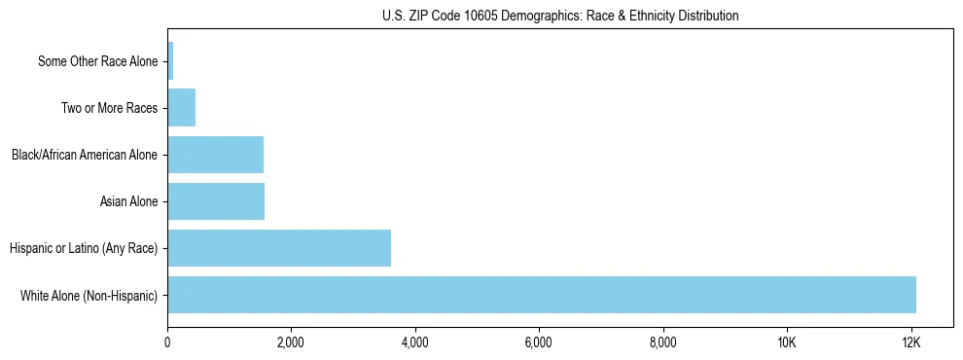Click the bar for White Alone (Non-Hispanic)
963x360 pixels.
pyautogui.click(x=542, y=295)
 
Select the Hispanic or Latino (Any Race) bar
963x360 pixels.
pyautogui.click(x=279, y=248)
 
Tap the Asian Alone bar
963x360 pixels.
pyautogui.click(x=216, y=201)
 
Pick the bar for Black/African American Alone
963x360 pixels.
pyautogui.click(x=215, y=155)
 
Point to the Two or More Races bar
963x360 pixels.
pyautogui.click(x=182, y=108)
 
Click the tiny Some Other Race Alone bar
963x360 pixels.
pyautogui.click(x=170, y=61)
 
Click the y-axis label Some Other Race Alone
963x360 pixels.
pyautogui.click(x=97, y=61)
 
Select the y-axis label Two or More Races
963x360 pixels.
pyautogui.click(x=109, y=108)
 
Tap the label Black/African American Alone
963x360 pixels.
pyautogui.click(x=84, y=155)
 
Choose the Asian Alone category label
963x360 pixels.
pyautogui.click(x=128, y=201)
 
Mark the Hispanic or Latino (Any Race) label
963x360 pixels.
pyautogui.click(x=83, y=248)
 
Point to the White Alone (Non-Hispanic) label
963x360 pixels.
pyautogui.click(x=89, y=295)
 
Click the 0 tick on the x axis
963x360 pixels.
pyautogui.click(x=167, y=342)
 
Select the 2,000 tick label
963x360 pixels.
pyautogui.click(x=291, y=342)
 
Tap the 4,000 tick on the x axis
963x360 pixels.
pyautogui.click(x=415, y=342)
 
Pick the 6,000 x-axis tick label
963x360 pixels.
pyautogui.click(x=539, y=342)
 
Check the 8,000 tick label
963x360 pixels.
pyautogui.click(x=662, y=342)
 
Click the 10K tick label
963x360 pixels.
pyautogui.click(x=787, y=342)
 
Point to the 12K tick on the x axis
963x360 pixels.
pyautogui.click(x=910, y=342)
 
